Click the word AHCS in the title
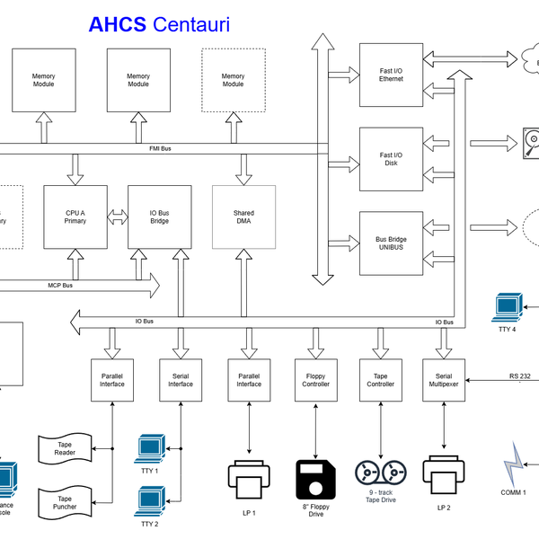(x=118, y=24)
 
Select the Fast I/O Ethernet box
(x=391, y=75)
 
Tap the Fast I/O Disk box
(x=391, y=159)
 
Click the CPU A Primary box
(x=75, y=216)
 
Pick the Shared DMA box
(x=243, y=216)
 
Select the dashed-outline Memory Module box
(x=233, y=80)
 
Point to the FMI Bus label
(x=161, y=148)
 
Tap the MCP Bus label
(x=60, y=287)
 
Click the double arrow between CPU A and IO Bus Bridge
(x=117, y=216)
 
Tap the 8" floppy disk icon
(x=316, y=478)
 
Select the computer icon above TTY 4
(x=508, y=306)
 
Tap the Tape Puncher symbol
(x=64, y=503)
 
